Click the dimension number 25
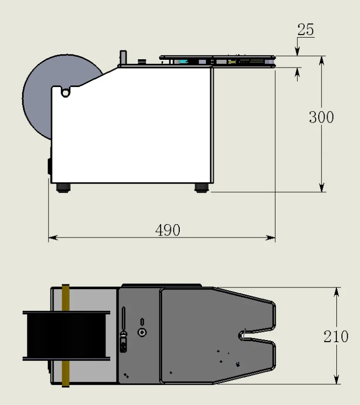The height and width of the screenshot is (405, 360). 305,29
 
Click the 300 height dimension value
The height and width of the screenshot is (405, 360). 321,117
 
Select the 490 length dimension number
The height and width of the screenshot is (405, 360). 167,230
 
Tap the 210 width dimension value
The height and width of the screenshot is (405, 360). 336,336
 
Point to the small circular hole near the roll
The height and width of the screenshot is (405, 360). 65,93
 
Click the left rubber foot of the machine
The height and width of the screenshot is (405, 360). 63,188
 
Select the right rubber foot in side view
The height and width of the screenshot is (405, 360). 202,188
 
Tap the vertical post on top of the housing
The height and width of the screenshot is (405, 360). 123,58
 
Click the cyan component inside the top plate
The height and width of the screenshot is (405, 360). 183,62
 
